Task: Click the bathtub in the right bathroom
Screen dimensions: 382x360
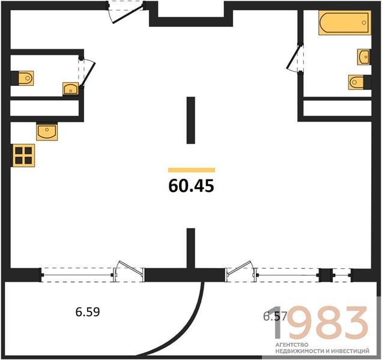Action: (x=345, y=23)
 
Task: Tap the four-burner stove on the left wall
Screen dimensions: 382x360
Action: (x=23, y=155)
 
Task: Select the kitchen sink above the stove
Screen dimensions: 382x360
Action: (x=47, y=132)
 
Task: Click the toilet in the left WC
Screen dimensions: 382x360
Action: (x=26, y=78)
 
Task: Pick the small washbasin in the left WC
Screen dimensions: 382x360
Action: (x=71, y=88)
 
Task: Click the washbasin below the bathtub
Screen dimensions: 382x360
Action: (x=363, y=57)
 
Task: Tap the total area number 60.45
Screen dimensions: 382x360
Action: (x=191, y=186)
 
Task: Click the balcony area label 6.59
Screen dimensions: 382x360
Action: (x=88, y=312)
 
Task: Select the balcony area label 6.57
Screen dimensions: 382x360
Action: (x=275, y=316)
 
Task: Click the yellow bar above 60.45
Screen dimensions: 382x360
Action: (x=192, y=170)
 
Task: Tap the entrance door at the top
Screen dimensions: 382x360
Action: (x=126, y=13)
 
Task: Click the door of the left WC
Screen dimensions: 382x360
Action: (x=86, y=72)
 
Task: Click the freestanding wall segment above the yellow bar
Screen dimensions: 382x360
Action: (x=191, y=120)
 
